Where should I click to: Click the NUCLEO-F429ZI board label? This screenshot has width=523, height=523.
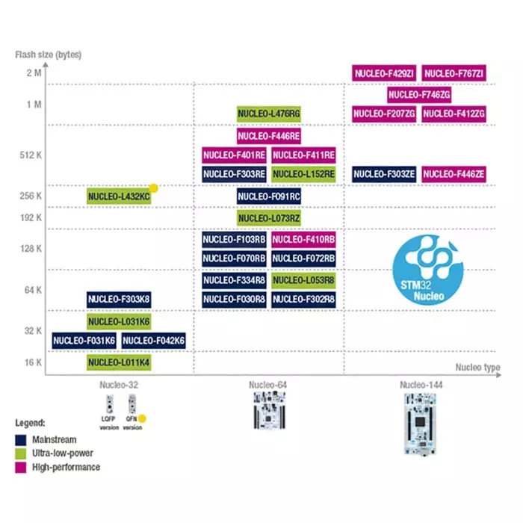tap(384, 73)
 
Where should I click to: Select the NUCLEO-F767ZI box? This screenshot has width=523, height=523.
tap(454, 73)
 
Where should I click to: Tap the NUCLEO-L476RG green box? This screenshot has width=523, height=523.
tap(269, 114)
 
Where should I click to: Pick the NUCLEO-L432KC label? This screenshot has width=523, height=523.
tap(119, 196)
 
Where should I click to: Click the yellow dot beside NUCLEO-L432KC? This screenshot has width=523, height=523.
tap(154, 188)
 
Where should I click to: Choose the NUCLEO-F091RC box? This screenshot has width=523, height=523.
tap(269, 196)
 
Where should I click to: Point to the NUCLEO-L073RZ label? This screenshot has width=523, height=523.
tap(269, 217)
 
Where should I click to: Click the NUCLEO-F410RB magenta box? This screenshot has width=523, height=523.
tap(303, 239)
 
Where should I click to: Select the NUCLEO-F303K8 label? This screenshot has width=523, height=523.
tap(119, 300)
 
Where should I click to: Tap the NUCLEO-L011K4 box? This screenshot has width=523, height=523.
tap(119, 362)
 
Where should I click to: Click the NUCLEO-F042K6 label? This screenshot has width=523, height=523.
tap(153, 341)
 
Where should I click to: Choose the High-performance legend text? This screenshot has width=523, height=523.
tap(66, 467)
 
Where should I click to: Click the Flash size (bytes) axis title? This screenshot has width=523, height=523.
tap(49, 55)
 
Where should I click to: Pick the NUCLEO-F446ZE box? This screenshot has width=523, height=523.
tap(454, 175)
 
